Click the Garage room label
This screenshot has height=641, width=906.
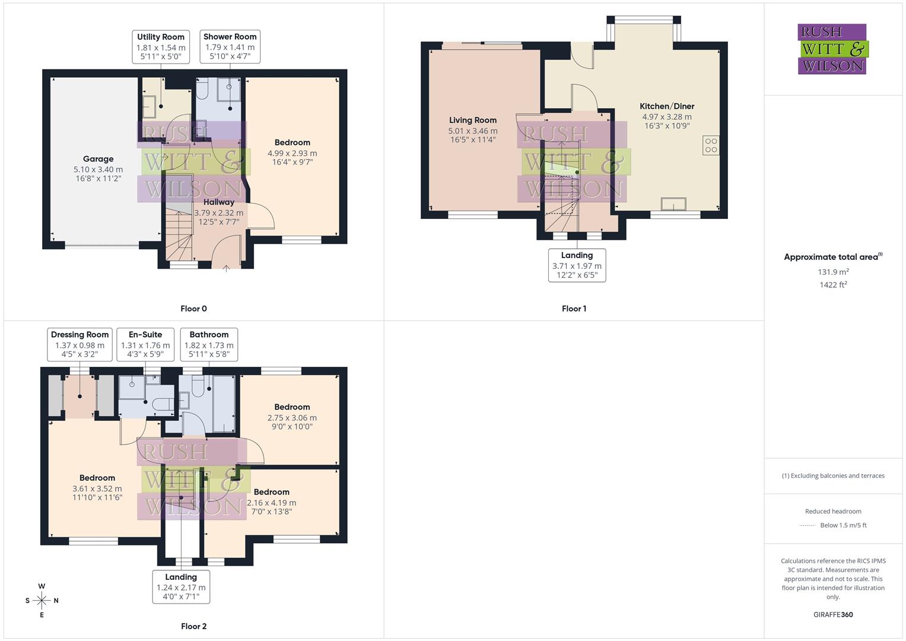pyautogui.click(x=98, y=159)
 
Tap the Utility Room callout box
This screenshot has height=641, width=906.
pyautogui.click(x=161, y=47)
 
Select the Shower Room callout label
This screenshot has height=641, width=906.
pyautogui.click(x=230, y=47)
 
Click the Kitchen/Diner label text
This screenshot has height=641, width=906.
pyautogui.click(x=667, y=106)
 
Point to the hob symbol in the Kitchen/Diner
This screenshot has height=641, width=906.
pyautogui.click(x=711, y=145)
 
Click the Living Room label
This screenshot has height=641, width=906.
pyautogui.click(x=473, y=120)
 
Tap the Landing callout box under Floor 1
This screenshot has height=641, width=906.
pyautogui.click(x=577, y=265)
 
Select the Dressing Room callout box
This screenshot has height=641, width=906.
pyautogui.click(x=80, y=344)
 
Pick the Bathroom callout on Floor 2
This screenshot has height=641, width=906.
pyautogui.click(x=209, y=344)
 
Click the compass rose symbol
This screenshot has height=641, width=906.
pyautogui.click(x=42, y=601)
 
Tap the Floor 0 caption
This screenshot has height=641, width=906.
pyautogui.click(x=193, y=309)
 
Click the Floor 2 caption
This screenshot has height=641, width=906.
pyautogui.click(x=193, y=626)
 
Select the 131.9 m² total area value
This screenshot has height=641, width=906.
pyautogui.click(x=833, y=272)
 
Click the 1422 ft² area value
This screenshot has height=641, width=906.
pyautogui.click(x=833, y=285)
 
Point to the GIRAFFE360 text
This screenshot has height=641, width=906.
pyautogui.click(x=833, y=615)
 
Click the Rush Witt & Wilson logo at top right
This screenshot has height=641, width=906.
pyautogui.click(x=832, y=49)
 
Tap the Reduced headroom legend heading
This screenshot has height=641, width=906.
pyautogui.click(x=833, y=511)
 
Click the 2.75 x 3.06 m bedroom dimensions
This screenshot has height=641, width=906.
pyautogui.click(x=292, y=418)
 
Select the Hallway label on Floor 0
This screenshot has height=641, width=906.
pyautogui.click(x=218, y=202)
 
